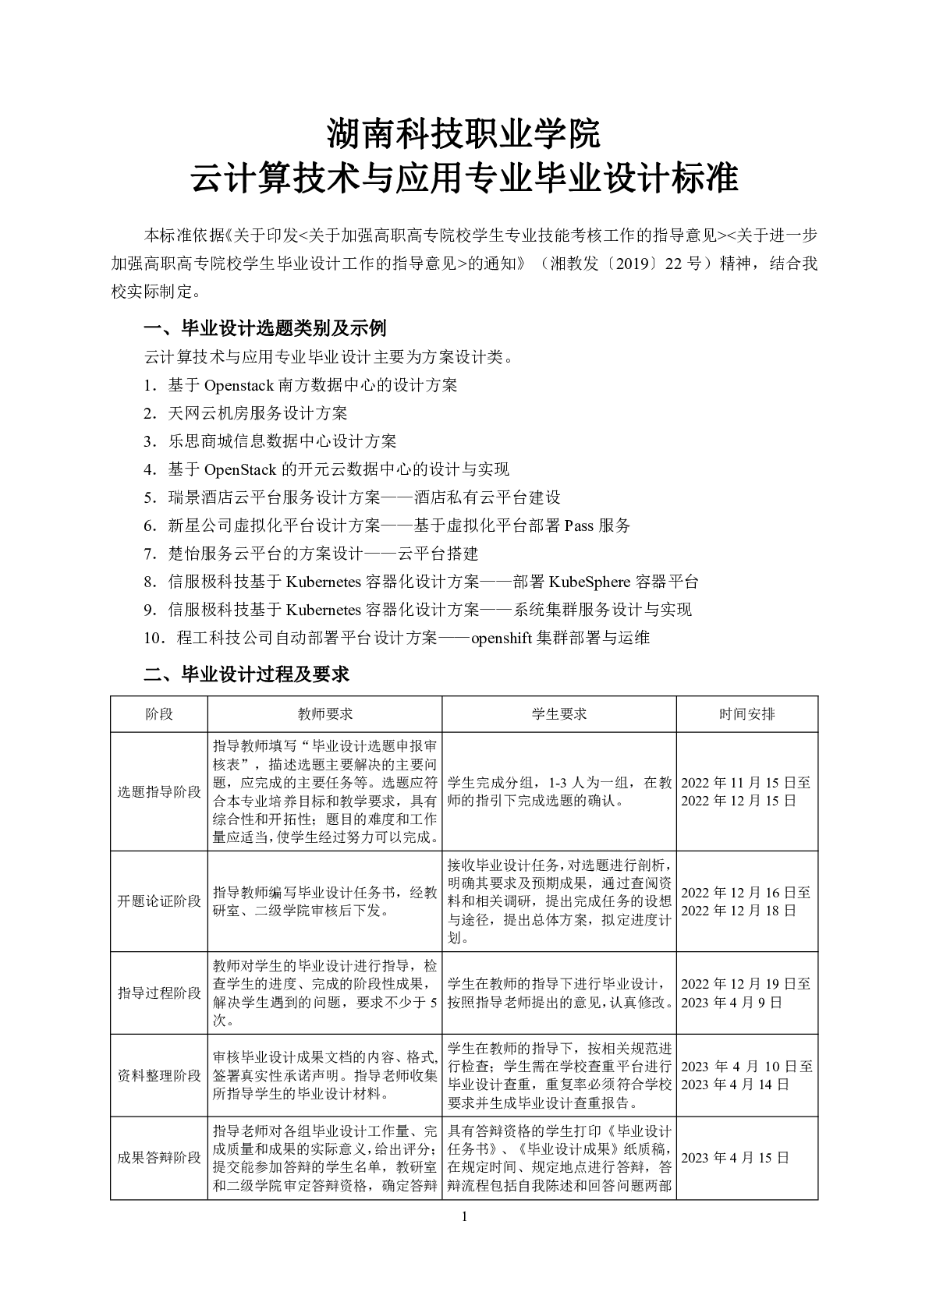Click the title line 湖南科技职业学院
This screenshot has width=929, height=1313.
(464, 134)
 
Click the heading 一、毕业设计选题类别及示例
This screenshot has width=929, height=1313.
(265, 327)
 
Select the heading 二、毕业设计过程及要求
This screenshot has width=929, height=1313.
(246, 674)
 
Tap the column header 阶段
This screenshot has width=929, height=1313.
(159, 714)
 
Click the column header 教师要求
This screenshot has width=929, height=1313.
(325, 714)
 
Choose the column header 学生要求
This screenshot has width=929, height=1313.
(559, 714)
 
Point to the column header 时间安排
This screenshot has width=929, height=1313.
(746, 714)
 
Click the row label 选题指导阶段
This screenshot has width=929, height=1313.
(159, 791)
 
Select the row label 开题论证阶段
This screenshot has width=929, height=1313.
(159, 901)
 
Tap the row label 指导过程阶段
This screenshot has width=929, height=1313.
(159, 993)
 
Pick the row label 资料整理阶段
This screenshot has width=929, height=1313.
(159, 1076)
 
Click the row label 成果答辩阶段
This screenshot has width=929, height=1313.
(159, 1158)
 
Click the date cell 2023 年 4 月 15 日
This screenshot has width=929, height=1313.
(735, 1158)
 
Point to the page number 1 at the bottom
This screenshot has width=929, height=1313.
(465, 1217)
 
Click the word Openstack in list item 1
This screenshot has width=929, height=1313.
(237, 385)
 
